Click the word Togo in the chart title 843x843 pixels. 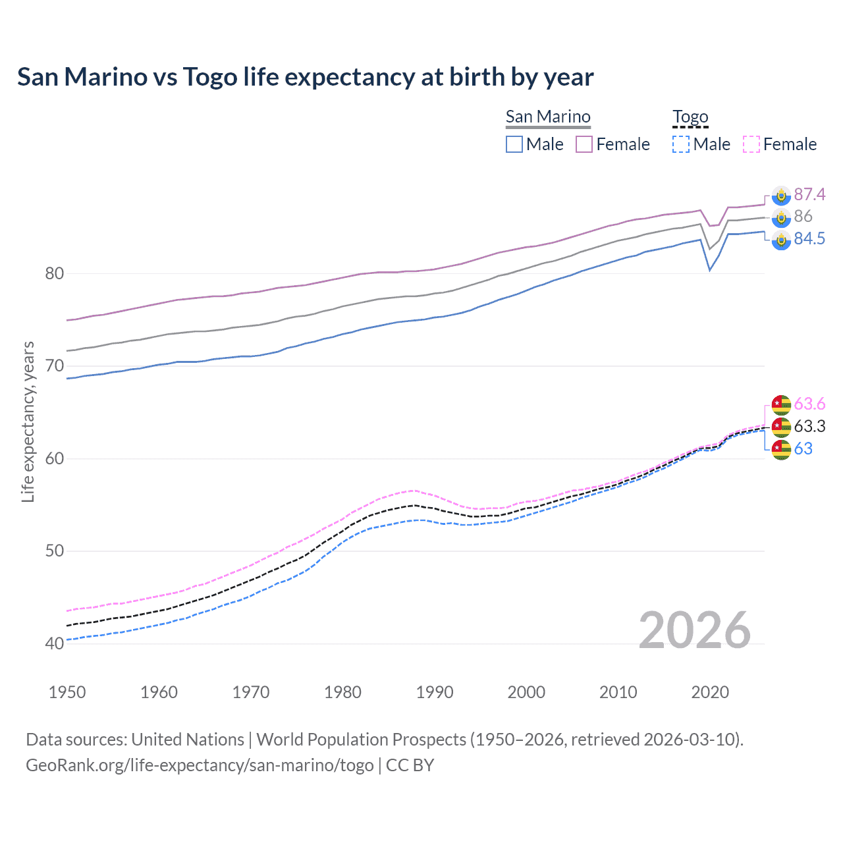point(209,77)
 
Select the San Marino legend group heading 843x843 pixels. point(548,117)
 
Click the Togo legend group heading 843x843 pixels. point(690,117)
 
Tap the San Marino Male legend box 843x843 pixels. point(514,144)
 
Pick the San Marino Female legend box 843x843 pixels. point(584,144)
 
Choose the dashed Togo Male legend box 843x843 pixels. point(681,144)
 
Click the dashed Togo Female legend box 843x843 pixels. point(751,144)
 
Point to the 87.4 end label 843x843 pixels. point(809,194)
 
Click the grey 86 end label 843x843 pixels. point(803,217)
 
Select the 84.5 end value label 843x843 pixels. point(809,239)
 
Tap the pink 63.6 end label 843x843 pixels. point(809,404)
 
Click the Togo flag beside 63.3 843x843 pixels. point(781,427)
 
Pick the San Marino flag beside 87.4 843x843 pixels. point(781,195)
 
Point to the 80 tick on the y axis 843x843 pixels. point(54,273)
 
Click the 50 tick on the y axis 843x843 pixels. point(54,551)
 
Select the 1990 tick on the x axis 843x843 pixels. point(435,692)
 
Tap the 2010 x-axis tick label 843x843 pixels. point(618,692)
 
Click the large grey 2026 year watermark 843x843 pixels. point(694,630)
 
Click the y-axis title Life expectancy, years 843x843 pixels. point(28,421)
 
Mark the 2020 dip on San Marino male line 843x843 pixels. point(709,270)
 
